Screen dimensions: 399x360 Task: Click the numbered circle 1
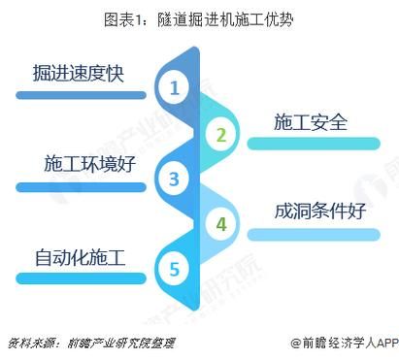175,89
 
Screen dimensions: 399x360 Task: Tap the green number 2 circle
221,134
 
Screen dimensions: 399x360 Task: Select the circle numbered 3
175,179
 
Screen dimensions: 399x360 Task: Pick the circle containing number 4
221,224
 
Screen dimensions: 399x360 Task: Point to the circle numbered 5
175,269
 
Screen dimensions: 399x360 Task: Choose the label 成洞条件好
320,210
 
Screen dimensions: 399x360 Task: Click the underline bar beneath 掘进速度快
82,95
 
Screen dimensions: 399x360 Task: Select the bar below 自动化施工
82,279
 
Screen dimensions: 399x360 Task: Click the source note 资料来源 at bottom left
28,343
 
